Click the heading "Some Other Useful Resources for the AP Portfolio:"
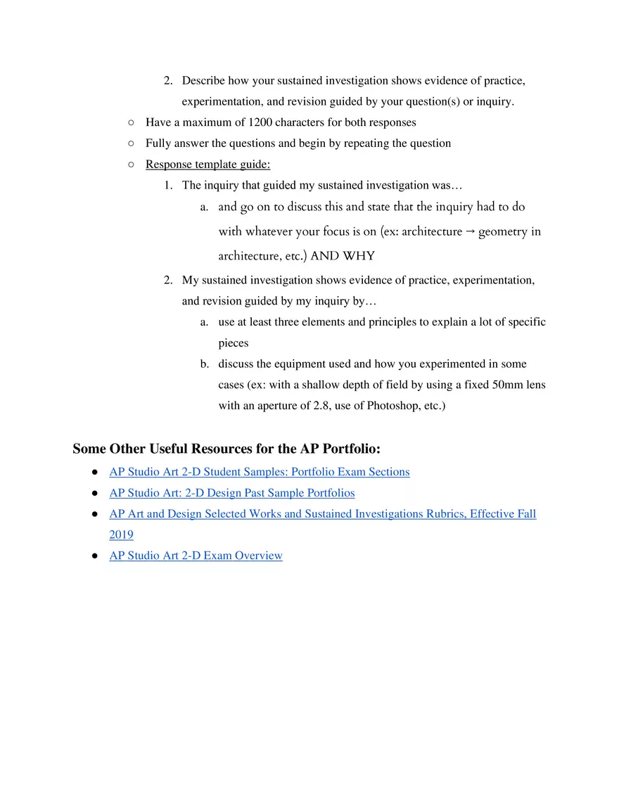tap(226, 449)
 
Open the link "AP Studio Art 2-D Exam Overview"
tap(196, 556)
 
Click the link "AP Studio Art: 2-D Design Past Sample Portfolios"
tap(231, 493)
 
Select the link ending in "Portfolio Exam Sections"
tap(259, 472)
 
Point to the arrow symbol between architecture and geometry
tap(471, 231)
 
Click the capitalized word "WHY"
tap(359, 256)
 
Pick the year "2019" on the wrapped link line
tap(121, 535)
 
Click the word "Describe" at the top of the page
tap(203, 81)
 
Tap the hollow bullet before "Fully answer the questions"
tap(132, 143)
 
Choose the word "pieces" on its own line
tap(233, 343)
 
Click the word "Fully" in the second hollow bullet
tap(158, 143)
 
